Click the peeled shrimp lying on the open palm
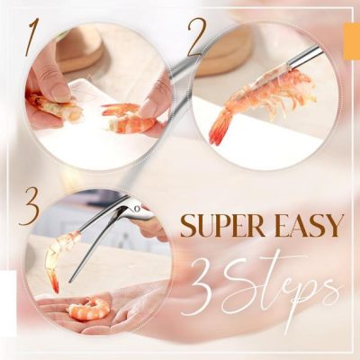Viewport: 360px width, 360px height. click(88, 310)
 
